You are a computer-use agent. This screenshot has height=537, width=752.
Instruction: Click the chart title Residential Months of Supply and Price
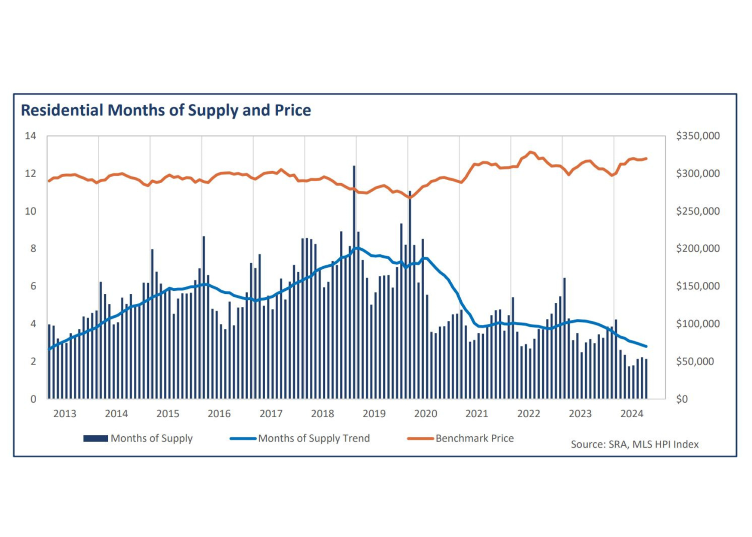(x=165, y=110)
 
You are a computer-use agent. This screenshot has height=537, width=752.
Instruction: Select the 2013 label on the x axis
(x=65, y=414)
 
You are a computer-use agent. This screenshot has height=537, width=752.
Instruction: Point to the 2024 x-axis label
(x=632, y=414)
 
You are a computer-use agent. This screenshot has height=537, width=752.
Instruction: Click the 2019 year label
(x=374, y=414)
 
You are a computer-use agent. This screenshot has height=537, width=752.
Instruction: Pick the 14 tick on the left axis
(x=31, y=136)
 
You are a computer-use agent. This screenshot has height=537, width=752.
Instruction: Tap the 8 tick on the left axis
(x=33, y=249)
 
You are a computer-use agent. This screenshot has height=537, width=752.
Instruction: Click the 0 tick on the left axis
(x=33, y=399)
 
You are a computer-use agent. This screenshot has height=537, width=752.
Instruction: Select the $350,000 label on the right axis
(x=697, y=136)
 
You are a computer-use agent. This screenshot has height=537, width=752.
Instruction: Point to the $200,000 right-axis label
(x=697, y=249)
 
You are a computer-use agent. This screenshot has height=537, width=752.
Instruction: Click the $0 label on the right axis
(x=682, y=399)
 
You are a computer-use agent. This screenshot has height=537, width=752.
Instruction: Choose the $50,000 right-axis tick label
(x=695, y=362)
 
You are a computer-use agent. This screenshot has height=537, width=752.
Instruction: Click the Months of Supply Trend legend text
(x=314, y=438)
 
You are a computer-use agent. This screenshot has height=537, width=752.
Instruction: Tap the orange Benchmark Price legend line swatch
(x=420, y=438)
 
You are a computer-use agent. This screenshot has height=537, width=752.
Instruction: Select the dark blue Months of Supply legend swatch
(x=96, y=438)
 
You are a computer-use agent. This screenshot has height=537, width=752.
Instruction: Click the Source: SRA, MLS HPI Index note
(x=634, y=444)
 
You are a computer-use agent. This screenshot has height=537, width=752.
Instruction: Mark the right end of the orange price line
(x=646, y=158)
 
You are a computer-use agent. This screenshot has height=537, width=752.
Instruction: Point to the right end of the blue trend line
(x=646, y=346)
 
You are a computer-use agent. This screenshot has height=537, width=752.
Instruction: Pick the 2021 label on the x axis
(x=477, y=414)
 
